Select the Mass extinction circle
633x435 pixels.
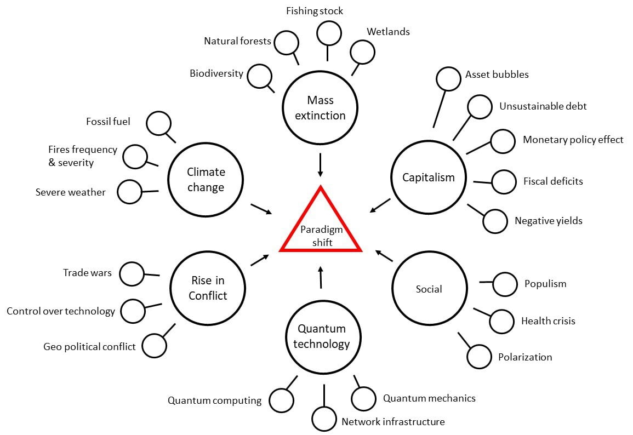320,108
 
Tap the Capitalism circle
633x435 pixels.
429,177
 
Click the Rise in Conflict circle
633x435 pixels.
208,288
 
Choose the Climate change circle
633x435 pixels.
206,180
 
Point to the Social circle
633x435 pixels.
429,289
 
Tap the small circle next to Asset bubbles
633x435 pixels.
448,79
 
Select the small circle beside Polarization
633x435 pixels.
479,357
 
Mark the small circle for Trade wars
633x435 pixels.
132,273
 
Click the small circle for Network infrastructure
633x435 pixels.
324,419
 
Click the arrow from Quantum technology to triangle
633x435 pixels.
321,278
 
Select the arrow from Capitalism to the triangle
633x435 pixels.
380,205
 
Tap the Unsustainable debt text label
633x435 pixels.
543,106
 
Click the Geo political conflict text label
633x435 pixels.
89,347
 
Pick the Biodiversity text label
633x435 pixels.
216,73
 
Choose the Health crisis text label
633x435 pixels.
548,321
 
